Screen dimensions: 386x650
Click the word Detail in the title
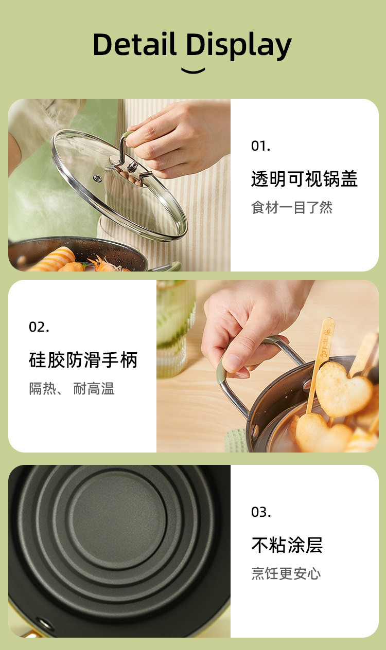[x=135, y=44]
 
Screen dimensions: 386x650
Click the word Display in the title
[x=239, y=46]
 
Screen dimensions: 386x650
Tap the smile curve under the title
[x=193, y=71]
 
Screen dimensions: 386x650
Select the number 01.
[x=260, y=146]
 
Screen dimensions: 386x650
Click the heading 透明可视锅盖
[x=304, y=179]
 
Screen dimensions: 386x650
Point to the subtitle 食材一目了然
[x=292, y=207]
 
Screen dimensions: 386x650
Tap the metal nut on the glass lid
[x=133, y=167]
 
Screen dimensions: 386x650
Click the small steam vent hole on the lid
[x=98, y=178]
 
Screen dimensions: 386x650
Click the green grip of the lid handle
[x=128, y=136]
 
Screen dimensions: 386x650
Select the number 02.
[x=39, y=327]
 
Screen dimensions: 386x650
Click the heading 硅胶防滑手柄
[x=83, y=360]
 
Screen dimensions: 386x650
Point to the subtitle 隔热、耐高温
[x=72, y=389]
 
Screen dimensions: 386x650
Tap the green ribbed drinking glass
[x=176, y=328]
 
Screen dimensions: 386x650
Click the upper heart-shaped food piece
[x=344, y=389]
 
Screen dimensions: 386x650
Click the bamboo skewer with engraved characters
[x=321, y=363]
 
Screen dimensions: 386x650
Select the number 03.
[x=261, y=512]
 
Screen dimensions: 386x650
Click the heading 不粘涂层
[x=287, y=545]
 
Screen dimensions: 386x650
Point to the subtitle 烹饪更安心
[x=286, y=574]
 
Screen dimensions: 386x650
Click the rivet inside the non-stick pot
[x=44, y=623]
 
